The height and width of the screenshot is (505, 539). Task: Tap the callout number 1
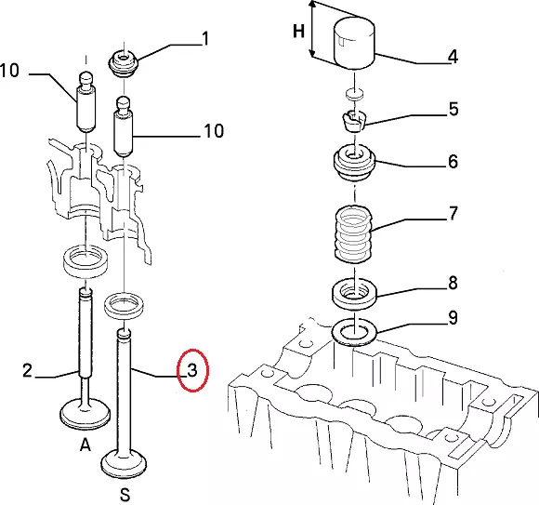click(205, 38)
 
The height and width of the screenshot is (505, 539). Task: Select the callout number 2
click(27, 370)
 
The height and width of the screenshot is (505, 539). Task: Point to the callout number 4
click(454, 57)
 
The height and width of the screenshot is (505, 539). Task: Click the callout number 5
click(454, 109)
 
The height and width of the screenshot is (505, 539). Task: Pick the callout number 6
click(454, 161)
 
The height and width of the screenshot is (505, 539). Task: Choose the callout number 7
click(454, 213)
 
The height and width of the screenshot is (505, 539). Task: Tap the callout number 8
click(454, 283)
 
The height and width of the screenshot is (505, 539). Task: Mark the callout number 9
click(454, 317)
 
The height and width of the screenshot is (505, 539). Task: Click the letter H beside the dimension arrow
click(298, 32)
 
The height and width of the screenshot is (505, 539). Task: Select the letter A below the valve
click(85, 445)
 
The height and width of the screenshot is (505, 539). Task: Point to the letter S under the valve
click(125, 495)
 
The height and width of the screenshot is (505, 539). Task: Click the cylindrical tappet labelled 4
click(354, 42)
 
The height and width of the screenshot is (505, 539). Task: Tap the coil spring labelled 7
click(353, 234)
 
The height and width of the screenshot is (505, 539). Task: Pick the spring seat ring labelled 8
click(354, 295)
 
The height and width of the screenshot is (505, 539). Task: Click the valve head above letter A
click(85, 414)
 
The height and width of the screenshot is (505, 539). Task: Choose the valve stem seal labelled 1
click(124, 63)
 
